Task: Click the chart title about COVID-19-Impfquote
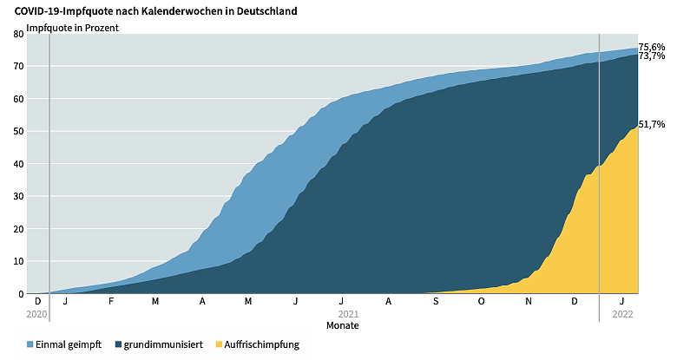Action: pyautogui.click(x=156, y=11)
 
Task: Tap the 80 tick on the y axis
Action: pyautogui.click(x=19, y=34)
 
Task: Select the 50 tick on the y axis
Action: pyautogui.click(x=19, y=131)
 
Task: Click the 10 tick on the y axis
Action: pyautogui.click(x=19, y=261)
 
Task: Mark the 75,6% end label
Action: pyautogui.click(x=652, y=47)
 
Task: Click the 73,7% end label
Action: pyautogui.click(x=652, y=56)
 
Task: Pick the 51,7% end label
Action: pyautogui.click(x=652, y=124)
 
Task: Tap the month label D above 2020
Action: pyautogui.click(x=36, y=301)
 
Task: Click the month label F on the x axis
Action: pyautogui.click(x=111, y=301)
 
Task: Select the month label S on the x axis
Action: pyautogui.click(x=436, y=301)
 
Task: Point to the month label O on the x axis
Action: pyautogui.click(x=482, y=301)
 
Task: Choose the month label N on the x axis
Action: pyautogui.click(x=529, y=301)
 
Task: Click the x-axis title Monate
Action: pyautogui.click(x=342, y=325)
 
